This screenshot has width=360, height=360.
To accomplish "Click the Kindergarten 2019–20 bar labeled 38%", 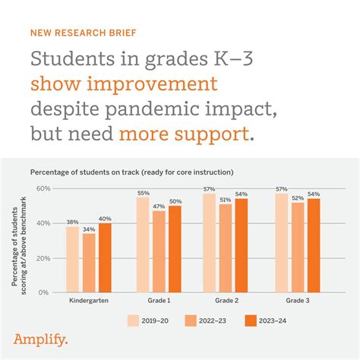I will coord(73,259).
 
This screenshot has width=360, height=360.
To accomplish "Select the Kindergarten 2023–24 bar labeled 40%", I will coord(104,257).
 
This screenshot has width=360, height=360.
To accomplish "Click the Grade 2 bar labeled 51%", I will coord(226,248).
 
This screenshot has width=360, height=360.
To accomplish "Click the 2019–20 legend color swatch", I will coord(134,321).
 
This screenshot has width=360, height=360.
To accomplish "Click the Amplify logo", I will coord(41,339).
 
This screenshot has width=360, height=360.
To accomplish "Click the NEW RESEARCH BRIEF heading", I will coord(83,33).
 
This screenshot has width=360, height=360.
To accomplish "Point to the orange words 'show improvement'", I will coord(124,83).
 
